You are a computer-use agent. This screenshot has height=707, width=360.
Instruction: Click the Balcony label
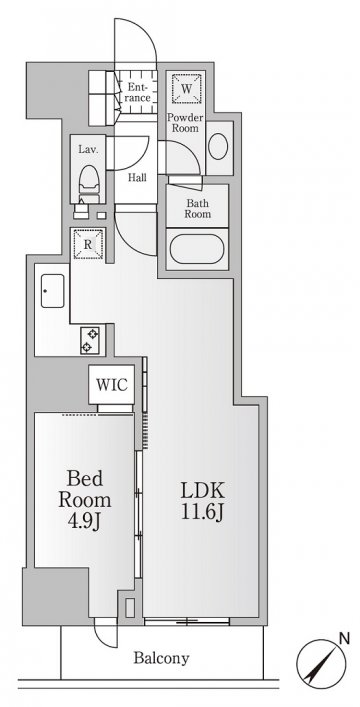(161, 658)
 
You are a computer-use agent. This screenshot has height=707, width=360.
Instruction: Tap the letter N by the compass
(344, 638)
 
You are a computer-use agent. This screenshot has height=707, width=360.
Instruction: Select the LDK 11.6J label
(203, 501)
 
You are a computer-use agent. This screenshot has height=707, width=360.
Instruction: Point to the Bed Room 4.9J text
(84, 500)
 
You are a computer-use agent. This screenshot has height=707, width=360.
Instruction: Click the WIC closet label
(111, 386)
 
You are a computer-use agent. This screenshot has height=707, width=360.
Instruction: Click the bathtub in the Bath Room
(197, 249)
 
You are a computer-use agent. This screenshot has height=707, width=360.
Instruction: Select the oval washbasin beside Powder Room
(218, 146)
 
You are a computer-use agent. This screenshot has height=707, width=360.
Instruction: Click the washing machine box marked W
(186, 88)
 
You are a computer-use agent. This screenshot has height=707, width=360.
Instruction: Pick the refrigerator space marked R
(88, 244)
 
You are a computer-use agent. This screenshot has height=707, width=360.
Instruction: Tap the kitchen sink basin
(52, 291)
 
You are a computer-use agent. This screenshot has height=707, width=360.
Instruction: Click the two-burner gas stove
(90, 340)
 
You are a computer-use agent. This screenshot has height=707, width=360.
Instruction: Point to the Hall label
(137, 178)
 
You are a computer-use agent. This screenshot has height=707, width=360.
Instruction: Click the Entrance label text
(137, 92)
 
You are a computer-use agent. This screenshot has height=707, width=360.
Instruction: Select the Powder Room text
(185, 123)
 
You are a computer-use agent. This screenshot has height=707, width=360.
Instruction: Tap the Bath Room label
(197, 208)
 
